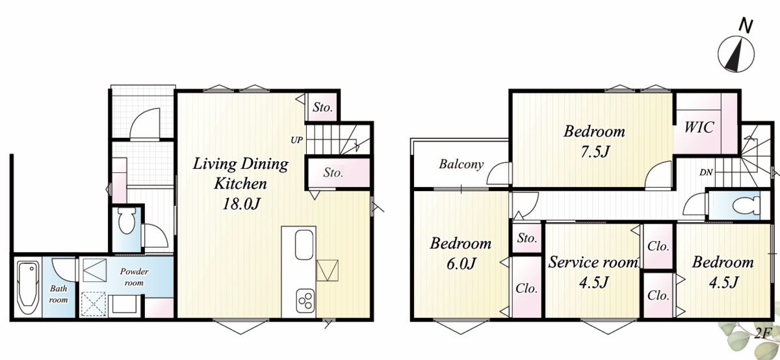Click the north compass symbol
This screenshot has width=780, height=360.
point(736,54)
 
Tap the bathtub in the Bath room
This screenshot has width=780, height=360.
point(27,288)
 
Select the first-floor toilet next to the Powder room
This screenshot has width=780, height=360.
point(126,221)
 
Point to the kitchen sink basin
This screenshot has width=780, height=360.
point(304,245)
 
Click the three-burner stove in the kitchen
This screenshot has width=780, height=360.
point(305,301)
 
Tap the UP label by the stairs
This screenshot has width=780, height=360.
point(296,140)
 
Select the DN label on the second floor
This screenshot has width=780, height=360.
point(706,172)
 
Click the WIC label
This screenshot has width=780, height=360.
point(699,127)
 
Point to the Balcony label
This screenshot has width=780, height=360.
point(461,164)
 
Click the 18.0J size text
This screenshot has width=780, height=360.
point(241,203)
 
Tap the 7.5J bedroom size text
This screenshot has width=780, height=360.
point(595,151)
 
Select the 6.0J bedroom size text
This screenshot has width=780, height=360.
point(461,264)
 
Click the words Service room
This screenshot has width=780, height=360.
point(593,263)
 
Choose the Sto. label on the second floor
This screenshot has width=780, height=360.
point(527,238)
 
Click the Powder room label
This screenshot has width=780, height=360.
point(134,277)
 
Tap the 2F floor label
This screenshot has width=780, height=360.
point(763,333)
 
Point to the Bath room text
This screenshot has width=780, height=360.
point(58,294)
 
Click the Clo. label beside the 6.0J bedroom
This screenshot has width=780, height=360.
point(526,289)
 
